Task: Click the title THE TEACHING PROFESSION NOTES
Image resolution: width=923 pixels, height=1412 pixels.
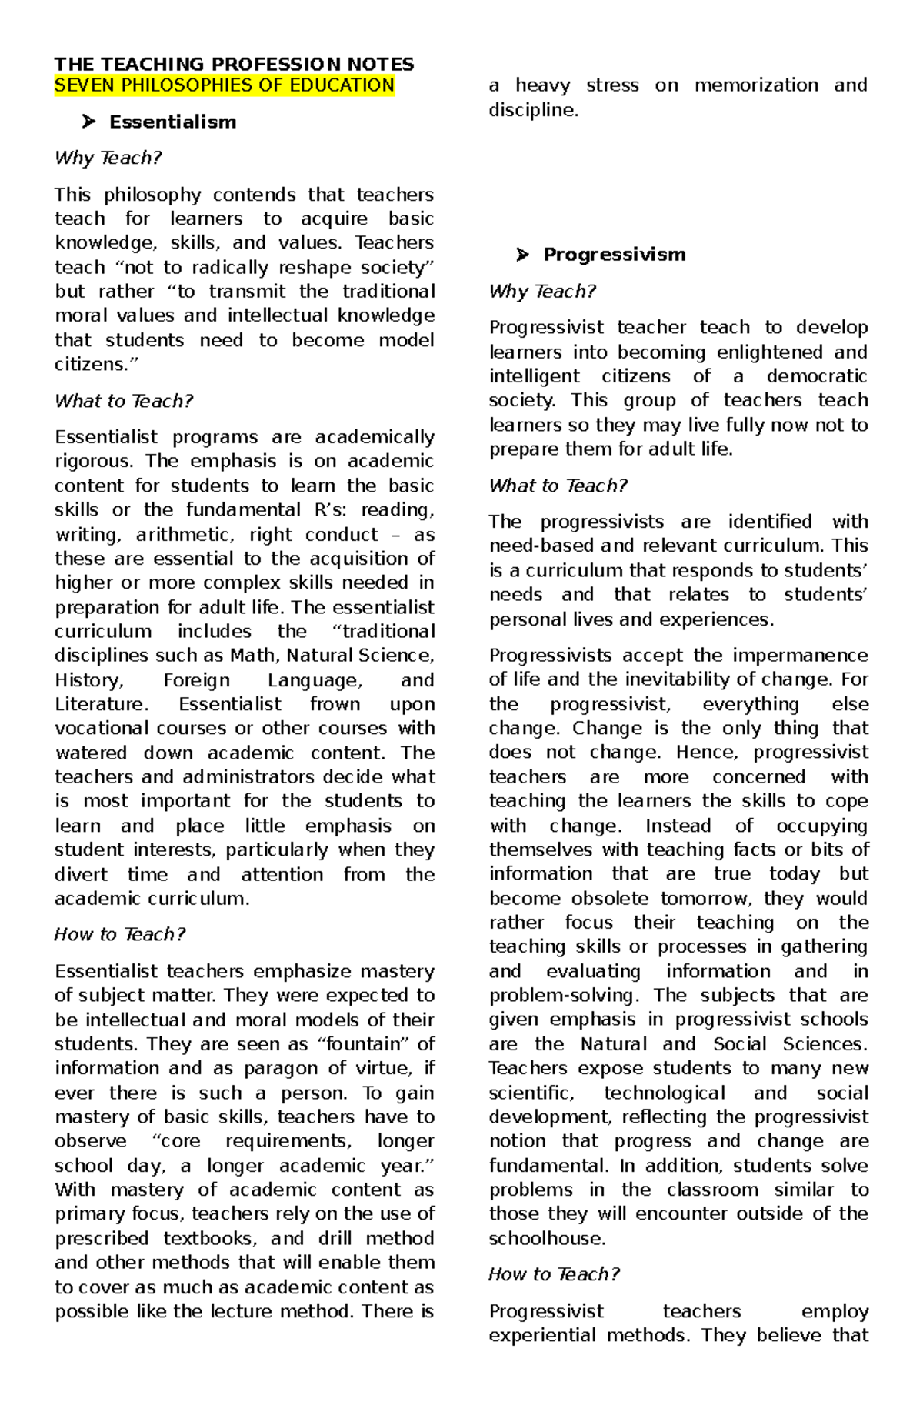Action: [x=234, y=64]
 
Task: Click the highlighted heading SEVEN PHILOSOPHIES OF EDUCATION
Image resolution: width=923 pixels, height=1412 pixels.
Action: [x=225, y=85]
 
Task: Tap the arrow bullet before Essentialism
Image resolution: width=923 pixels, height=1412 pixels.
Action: [x=88, y=122]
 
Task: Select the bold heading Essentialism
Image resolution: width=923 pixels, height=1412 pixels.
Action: [x=172, y=122]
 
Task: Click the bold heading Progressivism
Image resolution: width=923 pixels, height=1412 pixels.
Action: [x=614, y=255]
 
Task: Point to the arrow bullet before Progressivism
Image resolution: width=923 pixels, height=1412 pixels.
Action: [x=523, y=255]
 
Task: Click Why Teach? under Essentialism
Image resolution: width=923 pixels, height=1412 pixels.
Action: [x=108, y=158]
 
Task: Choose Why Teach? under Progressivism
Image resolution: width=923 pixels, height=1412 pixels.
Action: [x=542, y=292]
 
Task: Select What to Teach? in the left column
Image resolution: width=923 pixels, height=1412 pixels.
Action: [x=123, y=401]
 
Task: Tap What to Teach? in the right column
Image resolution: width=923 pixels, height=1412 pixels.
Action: [x=558, y=486]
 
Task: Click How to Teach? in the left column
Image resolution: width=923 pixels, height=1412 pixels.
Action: [x=119, y=934]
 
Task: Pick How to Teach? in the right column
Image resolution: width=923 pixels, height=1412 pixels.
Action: [x=554, y=1274]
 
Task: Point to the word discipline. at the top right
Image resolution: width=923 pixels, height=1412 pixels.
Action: [x=533, y=110]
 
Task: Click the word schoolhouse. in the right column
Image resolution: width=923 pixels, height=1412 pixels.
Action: [x=547, y=1238]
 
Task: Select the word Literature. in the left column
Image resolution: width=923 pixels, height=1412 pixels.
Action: [x=102, y=704]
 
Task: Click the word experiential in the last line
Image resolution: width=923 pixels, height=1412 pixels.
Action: [x=541, y=1335]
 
